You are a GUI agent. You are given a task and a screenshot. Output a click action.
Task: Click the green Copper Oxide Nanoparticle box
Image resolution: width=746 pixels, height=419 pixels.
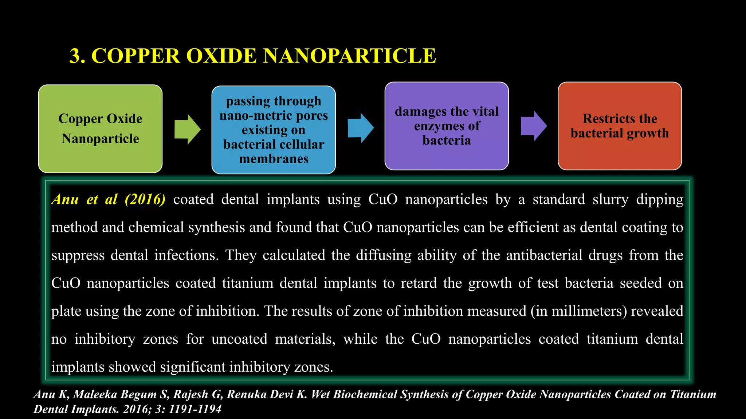coord(100,129)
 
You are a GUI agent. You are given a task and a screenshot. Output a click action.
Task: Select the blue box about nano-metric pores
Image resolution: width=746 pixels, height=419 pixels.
coord(274,130)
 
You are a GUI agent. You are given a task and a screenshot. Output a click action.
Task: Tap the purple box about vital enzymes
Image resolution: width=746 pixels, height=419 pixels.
coord(447,126)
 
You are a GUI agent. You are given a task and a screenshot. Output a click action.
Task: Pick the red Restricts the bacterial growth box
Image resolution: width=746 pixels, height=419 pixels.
coord(620,126)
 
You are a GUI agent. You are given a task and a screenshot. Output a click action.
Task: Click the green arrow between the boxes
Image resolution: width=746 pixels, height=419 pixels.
coord(187,129)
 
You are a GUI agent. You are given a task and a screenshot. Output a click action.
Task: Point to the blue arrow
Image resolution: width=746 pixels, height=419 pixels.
coord(360,128)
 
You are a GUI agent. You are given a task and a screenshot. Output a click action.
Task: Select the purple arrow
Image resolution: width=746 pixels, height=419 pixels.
coord(534,126)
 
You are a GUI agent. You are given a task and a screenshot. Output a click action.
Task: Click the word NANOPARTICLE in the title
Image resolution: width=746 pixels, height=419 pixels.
coord(349,56)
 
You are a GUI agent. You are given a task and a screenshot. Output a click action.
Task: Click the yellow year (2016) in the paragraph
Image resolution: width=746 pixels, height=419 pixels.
coord(145,199)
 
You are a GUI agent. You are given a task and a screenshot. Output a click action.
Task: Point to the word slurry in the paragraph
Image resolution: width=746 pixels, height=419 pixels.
coord(610,199)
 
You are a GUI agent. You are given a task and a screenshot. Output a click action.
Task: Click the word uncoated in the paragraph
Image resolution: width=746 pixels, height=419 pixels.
coord(239,339)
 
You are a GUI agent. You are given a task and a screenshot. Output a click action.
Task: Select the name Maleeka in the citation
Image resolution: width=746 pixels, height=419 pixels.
coord(95,394)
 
